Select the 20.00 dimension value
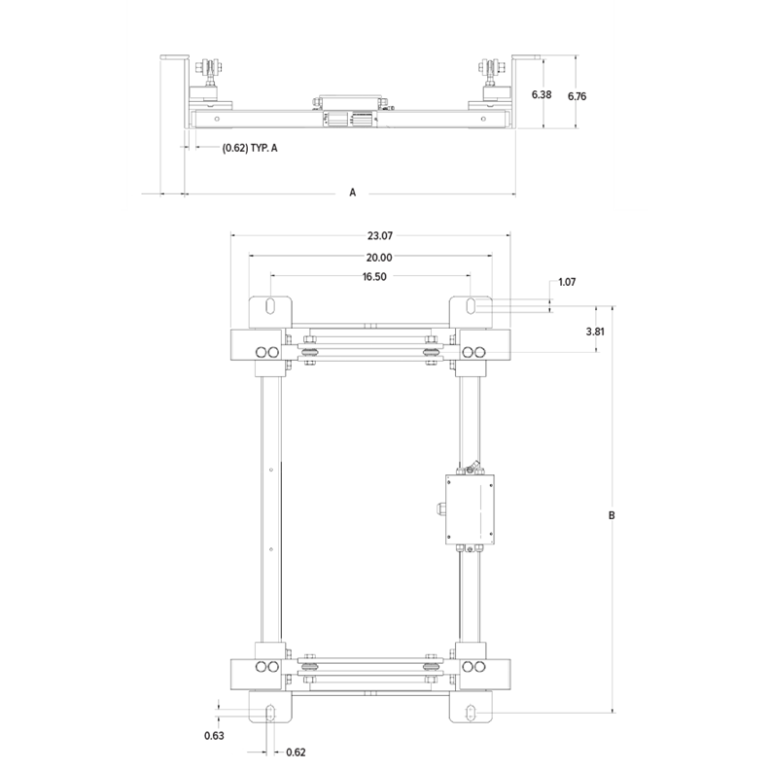(x=369, y=258)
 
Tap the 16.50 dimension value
(x=369, y=278)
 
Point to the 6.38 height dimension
(x=543, y=95)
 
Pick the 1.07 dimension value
(x=568, y=283)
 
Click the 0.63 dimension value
(x=215, y=736)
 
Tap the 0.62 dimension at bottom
(x=297, y=752)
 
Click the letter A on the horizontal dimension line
(x=353, y=193)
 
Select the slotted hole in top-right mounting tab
(x=471, y=306)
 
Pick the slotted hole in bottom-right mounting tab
(x=471, y=712)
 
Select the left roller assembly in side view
(x=211, y=82)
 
